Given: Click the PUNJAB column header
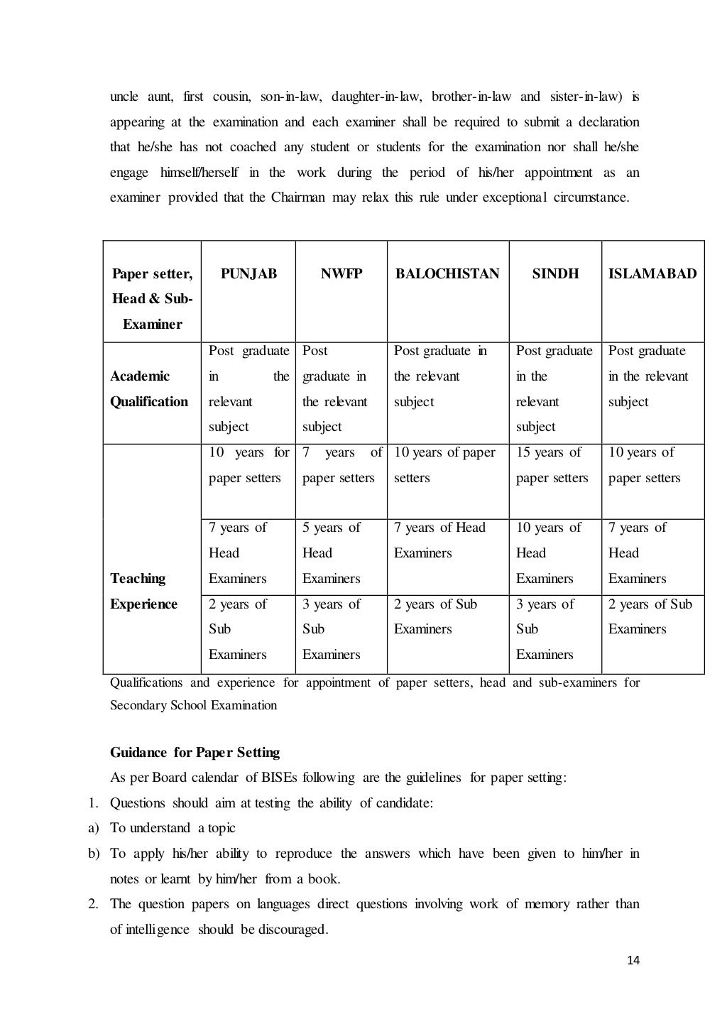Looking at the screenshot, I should (x=248, y=273).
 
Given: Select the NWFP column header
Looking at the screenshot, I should (x=341, y=273).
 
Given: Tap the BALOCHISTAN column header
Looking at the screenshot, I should (x=447, y=273).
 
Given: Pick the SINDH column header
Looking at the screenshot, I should (x=555, y=273).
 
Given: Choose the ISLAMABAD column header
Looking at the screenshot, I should (x=652, y=273).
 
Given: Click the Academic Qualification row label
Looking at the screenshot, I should (x=149, y=388).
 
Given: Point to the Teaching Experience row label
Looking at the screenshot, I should (x=143, y=591).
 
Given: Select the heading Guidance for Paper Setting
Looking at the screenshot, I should (x=195, y=752).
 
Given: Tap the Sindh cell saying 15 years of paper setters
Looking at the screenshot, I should (x=552, y=465).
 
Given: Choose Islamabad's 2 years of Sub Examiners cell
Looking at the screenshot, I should (x=650, y=616).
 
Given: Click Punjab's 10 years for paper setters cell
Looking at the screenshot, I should (x=248, y=465).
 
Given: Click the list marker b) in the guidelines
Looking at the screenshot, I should (x=94, y=854).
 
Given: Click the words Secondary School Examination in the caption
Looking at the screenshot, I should (x=193, y=705).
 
